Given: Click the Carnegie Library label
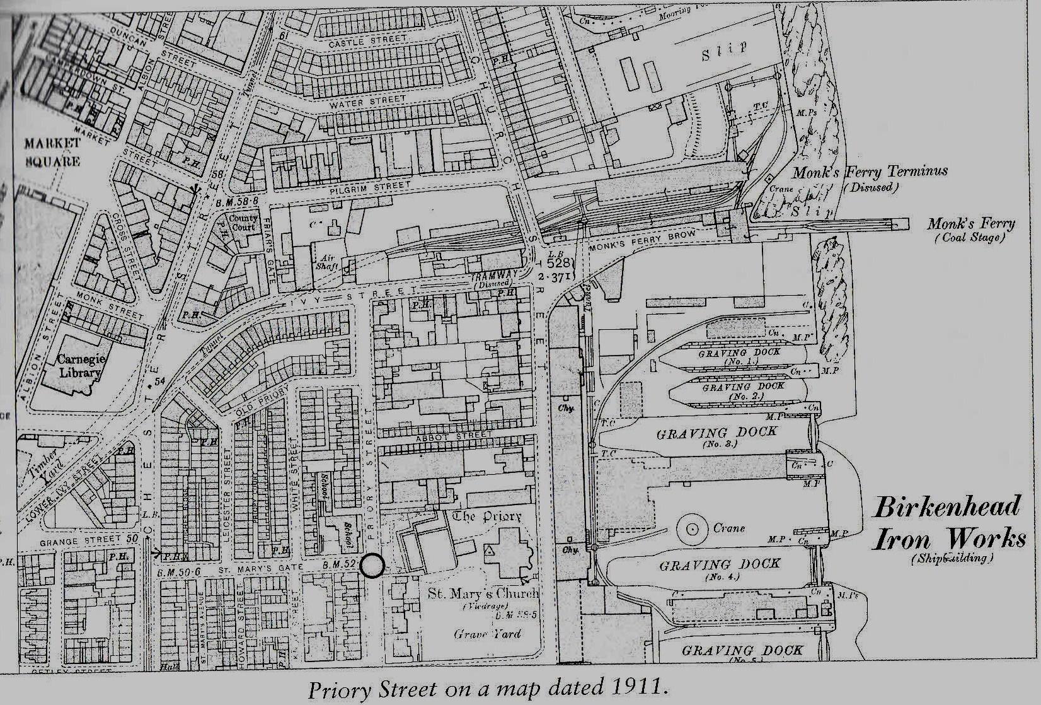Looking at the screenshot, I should click(x=79, y=366).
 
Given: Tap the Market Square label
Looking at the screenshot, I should click(x=52, y=151).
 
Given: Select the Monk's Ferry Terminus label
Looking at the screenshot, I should click(x=870, y=172).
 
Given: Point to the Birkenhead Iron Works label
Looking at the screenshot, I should click(x=948, y=523).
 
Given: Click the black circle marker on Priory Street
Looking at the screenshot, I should click(x=373, y=566).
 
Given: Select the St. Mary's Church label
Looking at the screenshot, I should click(x=483, y=593).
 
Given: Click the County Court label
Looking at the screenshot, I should click(x=243, y=223).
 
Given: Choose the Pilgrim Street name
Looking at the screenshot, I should click(x=370, y=188).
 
